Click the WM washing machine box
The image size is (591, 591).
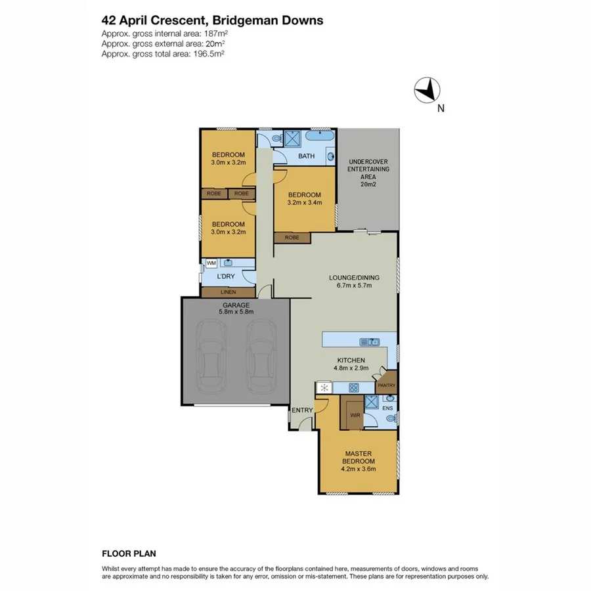[211, 263]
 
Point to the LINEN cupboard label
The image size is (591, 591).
[228, 292]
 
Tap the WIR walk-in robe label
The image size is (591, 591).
[355, 415]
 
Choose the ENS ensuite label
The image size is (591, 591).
[387, 408]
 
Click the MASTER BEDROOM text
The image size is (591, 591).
[359, 458]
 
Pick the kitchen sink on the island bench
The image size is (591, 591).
[370, 341]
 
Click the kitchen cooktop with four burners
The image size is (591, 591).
[353, 387]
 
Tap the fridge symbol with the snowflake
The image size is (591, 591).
[324, 387]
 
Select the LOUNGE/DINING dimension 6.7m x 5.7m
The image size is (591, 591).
[354, 286]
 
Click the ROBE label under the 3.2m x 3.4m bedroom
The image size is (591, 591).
[292, 237]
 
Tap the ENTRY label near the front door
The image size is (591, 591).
[302, 410]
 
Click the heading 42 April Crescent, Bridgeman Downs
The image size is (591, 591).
[212, 20]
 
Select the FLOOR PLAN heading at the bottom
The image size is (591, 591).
[129, 554]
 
